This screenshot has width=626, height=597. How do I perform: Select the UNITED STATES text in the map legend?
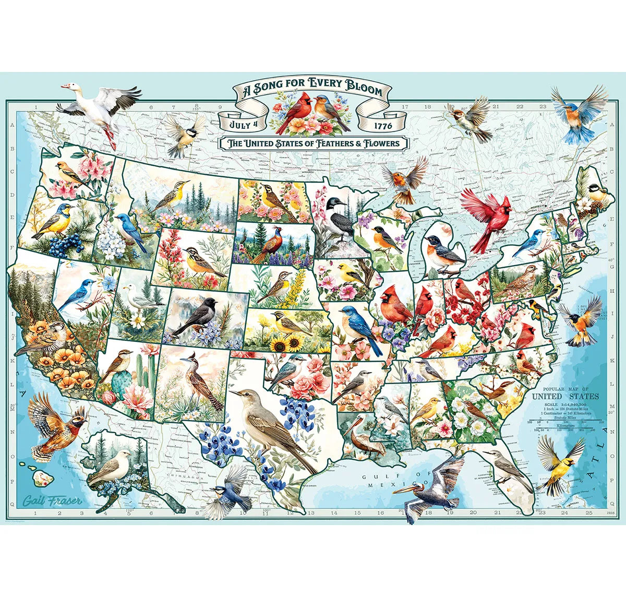(565, 396)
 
